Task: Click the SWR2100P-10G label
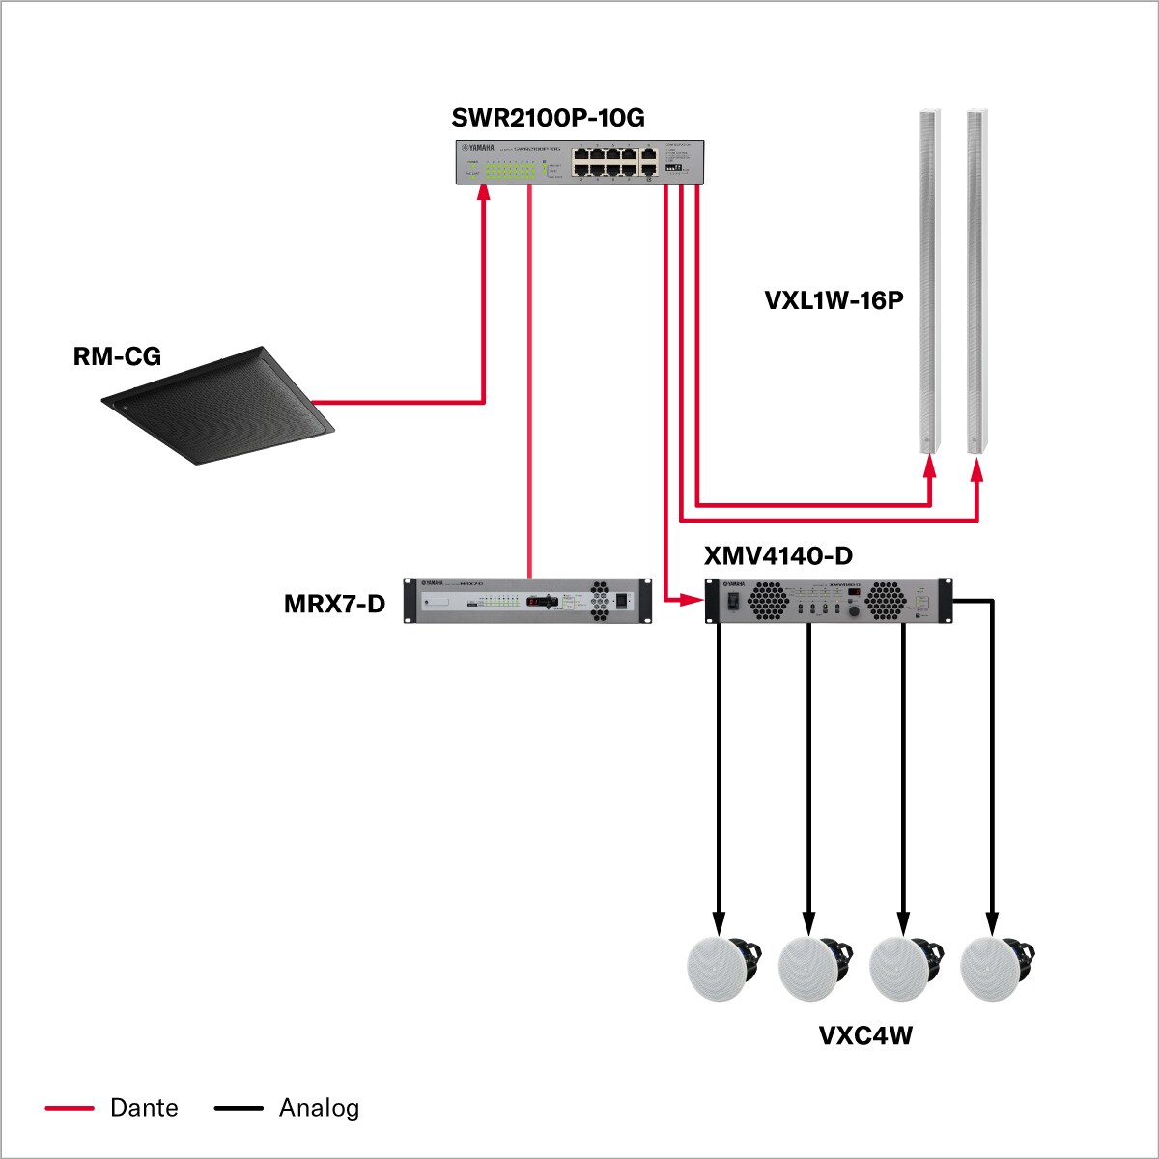click(548, 118)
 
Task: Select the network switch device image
click(579, 161)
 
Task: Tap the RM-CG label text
click(117, 356)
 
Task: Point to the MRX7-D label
click(334, 605)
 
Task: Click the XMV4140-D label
click(778, 555)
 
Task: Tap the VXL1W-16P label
click(834, 300)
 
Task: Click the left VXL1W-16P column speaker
click(928, 280)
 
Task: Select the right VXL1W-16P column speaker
click(976, 280)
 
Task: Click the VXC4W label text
click(865, 1036)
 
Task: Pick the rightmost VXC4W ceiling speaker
click(995, 968)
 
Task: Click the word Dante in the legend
click(144, 1108)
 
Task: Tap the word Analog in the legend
click(319, 1108)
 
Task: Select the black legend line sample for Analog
click(239, 1108)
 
